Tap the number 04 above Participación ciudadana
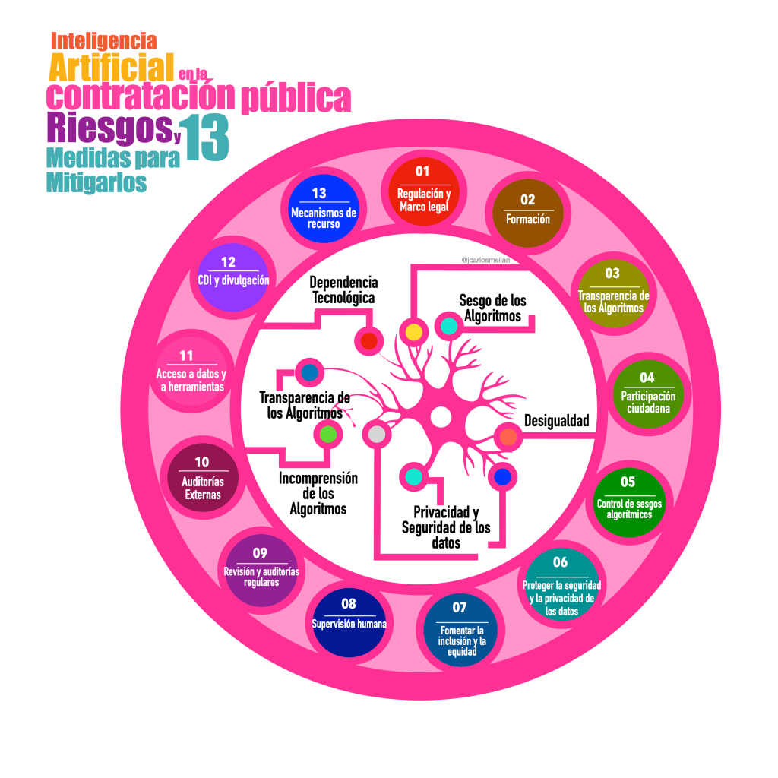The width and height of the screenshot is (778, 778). click(x=647, y=378)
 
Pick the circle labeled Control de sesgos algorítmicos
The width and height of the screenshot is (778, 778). click(x=627, y=498)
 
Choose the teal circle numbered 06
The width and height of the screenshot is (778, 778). click(x=561, y=584)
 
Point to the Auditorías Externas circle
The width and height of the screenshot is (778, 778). click(x=201, y=478)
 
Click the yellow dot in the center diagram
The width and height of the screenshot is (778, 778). click(x=413, y=332)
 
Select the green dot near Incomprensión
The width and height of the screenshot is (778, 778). click(x=327, y=434)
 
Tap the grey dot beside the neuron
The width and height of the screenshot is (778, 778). click(x=376, y=434)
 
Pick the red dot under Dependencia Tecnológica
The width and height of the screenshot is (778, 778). click(x=369, y=341)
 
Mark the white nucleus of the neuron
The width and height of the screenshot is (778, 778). click(x=440, y=417)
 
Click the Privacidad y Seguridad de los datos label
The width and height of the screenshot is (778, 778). click(x=446, y=527)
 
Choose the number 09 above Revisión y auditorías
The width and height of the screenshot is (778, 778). click(x=261, y=552)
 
